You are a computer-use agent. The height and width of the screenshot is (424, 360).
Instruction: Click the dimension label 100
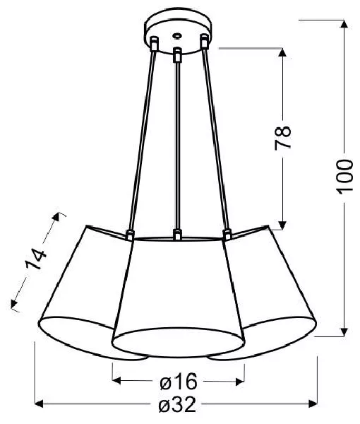click(x=344, y=177)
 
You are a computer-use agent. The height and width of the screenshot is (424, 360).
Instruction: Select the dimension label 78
click(x=283, y=137)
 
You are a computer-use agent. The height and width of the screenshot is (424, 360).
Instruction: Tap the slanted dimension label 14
click(x=36, y=260)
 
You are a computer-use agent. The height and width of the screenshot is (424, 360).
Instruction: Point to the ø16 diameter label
click(x=179, y=382)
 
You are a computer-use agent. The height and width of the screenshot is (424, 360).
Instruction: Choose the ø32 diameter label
click(x=177, y=404)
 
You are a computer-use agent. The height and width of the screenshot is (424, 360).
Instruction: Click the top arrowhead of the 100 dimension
click(x=344, y=24)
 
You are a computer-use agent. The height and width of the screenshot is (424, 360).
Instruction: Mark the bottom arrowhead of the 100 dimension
click(x=344, y=332)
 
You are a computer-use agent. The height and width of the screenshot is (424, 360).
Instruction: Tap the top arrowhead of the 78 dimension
click(x=282, y=53)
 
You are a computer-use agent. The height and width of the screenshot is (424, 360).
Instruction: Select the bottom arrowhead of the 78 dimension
click(x=282, y=225)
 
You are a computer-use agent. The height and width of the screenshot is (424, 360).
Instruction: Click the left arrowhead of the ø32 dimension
click(x=40, y=404)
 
